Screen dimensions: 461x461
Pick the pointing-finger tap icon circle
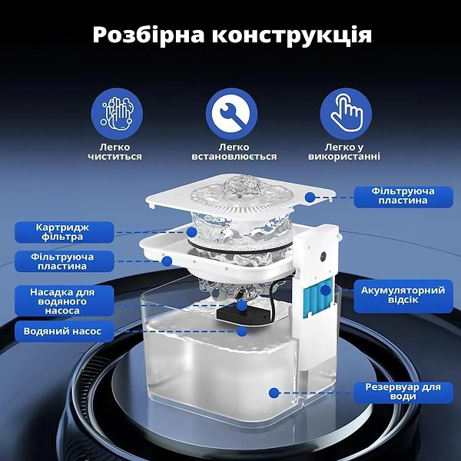tap(345, 112)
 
